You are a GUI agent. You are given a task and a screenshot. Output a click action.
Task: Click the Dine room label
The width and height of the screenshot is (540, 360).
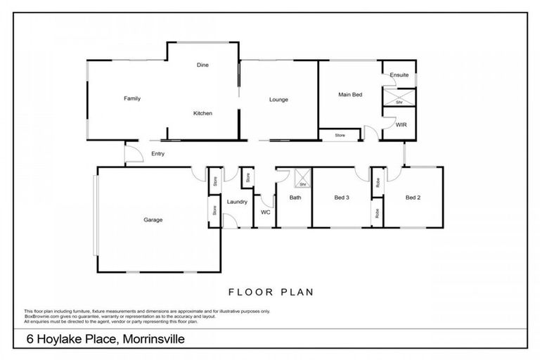point(202,65)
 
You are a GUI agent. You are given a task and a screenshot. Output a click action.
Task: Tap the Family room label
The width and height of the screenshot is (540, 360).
point(132,98)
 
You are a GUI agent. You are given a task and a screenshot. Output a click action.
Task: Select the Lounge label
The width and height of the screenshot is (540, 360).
point(278,100)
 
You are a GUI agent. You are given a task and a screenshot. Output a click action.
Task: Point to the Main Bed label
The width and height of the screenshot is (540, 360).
point(349,94)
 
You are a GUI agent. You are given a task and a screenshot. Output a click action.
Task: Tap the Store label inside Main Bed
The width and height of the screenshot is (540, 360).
point(340,135)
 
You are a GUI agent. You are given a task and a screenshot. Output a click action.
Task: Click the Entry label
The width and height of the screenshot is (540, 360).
point(157,154)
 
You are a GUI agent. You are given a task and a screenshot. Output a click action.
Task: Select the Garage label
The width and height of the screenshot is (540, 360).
point(153,220)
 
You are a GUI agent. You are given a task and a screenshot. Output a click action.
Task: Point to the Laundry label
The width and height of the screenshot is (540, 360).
point(237,202)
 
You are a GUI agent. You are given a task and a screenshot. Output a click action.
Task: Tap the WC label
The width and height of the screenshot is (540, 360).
point(265,212)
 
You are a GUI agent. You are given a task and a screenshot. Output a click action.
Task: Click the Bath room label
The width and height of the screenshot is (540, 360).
point(295,198)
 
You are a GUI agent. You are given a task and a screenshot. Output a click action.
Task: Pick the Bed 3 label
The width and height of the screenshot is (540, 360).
point(342,198)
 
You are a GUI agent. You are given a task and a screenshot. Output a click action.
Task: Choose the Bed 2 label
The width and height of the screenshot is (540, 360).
point(413,198)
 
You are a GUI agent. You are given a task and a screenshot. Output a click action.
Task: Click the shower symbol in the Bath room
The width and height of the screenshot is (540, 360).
point(302,179)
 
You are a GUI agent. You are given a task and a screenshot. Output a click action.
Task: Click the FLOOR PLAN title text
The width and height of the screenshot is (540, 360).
point(270,291)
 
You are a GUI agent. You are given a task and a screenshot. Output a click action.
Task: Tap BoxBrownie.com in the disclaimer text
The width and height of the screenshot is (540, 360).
point(41,316)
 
